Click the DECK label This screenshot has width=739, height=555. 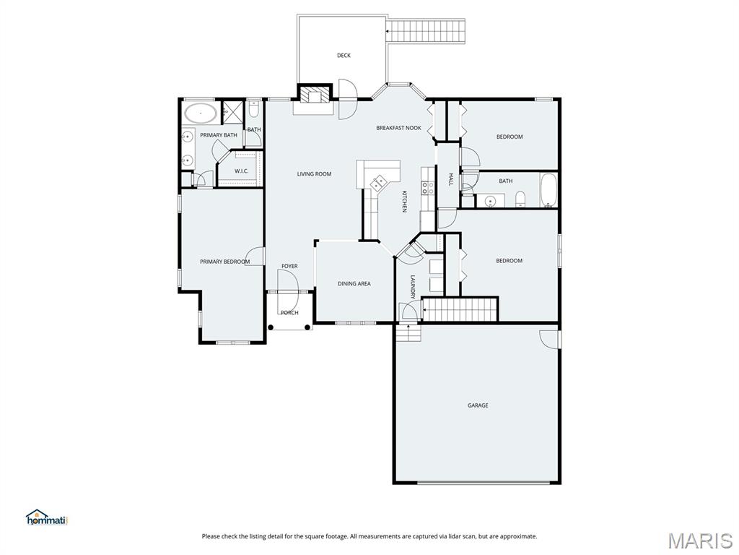[344, 55]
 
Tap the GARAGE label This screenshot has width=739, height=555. [478, 405]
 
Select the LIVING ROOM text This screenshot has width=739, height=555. [314, 173]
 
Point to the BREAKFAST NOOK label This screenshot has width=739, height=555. [398, 128]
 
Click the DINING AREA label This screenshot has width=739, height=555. [354, 283]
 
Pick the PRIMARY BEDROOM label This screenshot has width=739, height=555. [225, 262]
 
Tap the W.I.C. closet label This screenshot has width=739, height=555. [241, 171]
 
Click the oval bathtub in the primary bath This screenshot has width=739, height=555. [201, 113]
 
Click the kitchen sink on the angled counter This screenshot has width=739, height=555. [378, 182]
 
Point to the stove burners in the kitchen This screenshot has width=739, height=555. [427, 189]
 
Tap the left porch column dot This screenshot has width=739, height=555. [271, 327]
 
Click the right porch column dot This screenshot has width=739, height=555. [307, 327]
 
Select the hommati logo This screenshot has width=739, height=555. [47, 517]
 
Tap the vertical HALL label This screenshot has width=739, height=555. [450, 179]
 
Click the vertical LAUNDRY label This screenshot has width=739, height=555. [412, 287]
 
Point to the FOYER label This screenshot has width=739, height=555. [289, 266]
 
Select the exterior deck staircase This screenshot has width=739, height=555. [426, 30]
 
